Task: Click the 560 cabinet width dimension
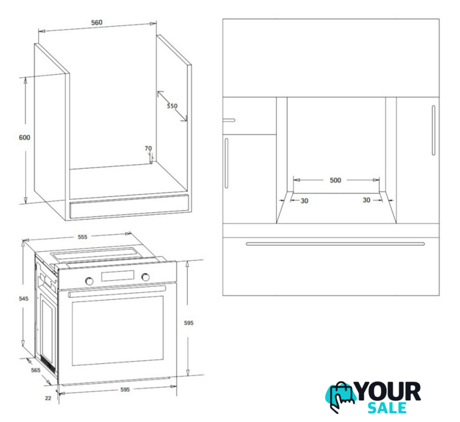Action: coord(96,22)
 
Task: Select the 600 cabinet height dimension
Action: coord(24,137)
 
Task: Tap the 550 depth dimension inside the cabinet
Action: coord(172,105)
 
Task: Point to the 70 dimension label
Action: coord(148,148)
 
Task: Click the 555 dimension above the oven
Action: coord(82,237)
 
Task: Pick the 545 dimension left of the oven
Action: coord(24,299)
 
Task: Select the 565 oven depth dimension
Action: coord(36,370)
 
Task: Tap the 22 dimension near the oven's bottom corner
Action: coord(48,398)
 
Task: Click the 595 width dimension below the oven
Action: coord(125,390)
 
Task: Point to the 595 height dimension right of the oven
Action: coord(188,323)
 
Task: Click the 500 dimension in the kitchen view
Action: coord(335,180)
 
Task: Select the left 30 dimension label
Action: coord(304,200)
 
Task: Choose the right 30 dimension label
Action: coord(366,200)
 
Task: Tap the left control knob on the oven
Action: coord(89,281)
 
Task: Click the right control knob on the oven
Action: coord(145,276)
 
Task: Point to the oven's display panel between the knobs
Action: coord(118,276)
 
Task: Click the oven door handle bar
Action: coord(117,291)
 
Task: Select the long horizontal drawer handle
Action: coord(335,243)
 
